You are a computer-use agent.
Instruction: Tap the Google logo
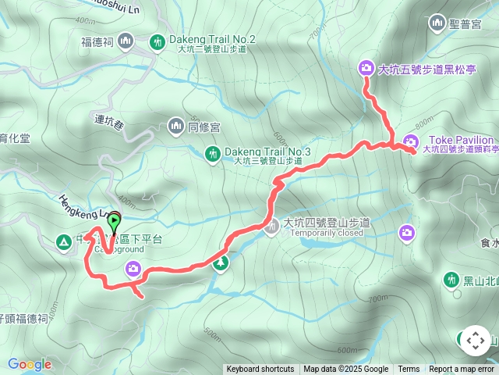[29, 364]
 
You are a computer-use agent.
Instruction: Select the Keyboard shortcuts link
[260, 370]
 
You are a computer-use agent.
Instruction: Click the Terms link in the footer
[409, 370]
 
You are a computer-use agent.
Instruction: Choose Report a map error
[462, 370]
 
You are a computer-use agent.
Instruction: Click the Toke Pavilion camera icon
[410, 141]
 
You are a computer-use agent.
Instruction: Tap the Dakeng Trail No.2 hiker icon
[158, 41]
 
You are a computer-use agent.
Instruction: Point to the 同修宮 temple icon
[175, 125]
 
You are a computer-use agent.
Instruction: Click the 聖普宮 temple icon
[435, 24]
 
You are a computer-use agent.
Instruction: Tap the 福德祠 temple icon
[129, 41]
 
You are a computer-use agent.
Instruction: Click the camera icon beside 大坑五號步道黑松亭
[366, 69]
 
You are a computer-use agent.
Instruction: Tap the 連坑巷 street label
[109, 120]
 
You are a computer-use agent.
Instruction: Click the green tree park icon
[221, 262]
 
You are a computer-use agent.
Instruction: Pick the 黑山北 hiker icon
[451, 279]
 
